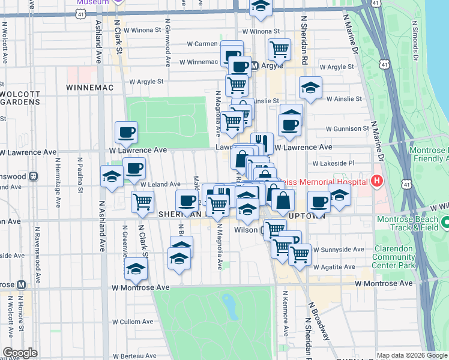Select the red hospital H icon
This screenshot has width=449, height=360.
pos(377,181)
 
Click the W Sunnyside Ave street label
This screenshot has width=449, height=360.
pos(343,249)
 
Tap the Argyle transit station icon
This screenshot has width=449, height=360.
pos(254,65)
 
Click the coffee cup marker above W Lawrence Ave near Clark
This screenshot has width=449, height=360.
pos(126,132)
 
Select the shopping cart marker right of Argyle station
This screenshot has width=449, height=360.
pos(279,49)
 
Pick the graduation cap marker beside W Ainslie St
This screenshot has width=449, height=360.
pos(310,88)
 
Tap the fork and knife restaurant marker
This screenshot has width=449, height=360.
pos(262,143)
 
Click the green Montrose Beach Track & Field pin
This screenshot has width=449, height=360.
pos(445,223)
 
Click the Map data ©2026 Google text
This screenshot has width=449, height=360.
pos(411,355)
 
